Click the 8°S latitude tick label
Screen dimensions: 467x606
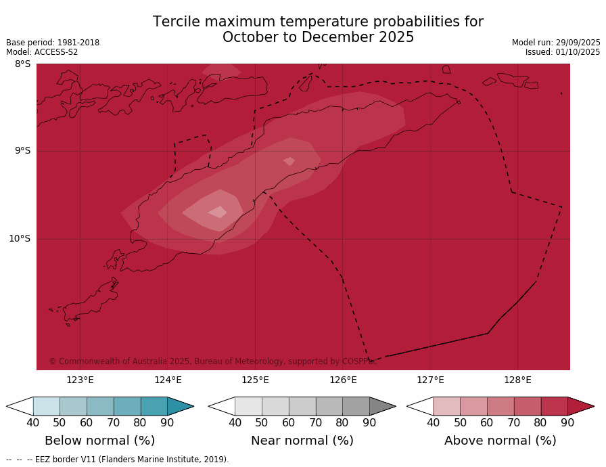pos(22,64)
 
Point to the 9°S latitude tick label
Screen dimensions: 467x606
pos(22,151)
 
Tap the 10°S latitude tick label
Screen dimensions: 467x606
pos(20,238)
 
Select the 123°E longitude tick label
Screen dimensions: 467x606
pos(80,380)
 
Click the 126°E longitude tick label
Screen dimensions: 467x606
pos(343,380)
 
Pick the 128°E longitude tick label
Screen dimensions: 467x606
pos(517,380)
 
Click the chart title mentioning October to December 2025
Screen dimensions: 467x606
pos(318,30)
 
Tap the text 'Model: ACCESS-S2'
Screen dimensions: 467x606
pos(42,52)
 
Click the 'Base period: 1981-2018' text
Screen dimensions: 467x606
pos(53,43)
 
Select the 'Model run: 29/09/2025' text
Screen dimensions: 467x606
pos(556,43)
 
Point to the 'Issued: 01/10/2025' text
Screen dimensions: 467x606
pos(563,52)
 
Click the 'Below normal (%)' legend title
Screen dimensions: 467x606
pos(100,441)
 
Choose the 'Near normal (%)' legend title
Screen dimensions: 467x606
pos(302,441)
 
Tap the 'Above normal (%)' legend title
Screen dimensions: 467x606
pos(500,441)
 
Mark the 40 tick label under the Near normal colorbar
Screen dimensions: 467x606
pos(235,423)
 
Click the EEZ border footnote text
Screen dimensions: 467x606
pos(118,460)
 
